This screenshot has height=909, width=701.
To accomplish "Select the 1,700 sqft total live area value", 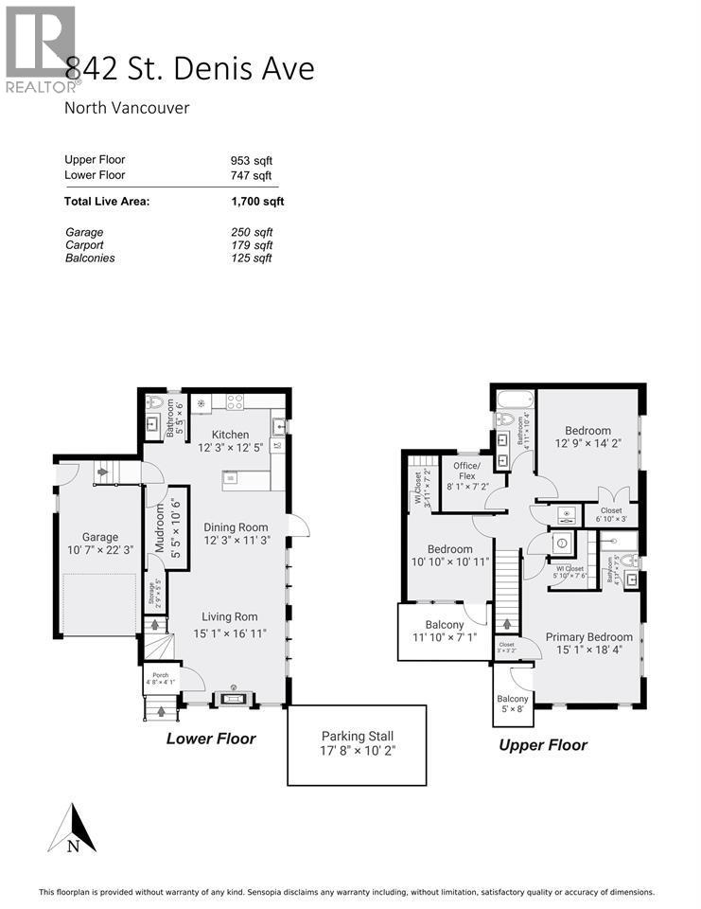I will (x=257, y=201).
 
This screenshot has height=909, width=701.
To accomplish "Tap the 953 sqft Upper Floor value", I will (x=252, y=160).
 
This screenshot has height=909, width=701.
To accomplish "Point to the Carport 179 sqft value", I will (x=252, y=245).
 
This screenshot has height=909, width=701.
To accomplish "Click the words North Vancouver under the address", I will (x=127, y=108).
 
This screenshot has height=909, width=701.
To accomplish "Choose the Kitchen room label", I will (x=230, y=435).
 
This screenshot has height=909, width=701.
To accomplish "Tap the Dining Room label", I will (x=236, y=527).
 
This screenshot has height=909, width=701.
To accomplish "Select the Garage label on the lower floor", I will (x=100, y=537).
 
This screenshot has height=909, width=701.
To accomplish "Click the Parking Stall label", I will (x=357, y=736).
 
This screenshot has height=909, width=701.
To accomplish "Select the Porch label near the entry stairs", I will (x=160, y=675).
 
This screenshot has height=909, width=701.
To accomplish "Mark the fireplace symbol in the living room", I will (x=233, y=700).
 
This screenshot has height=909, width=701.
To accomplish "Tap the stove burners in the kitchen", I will (x=234, y=401).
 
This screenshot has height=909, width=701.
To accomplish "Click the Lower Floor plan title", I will (x=211, y=739).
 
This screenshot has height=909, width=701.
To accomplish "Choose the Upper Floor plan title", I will (x=543, y=745).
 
